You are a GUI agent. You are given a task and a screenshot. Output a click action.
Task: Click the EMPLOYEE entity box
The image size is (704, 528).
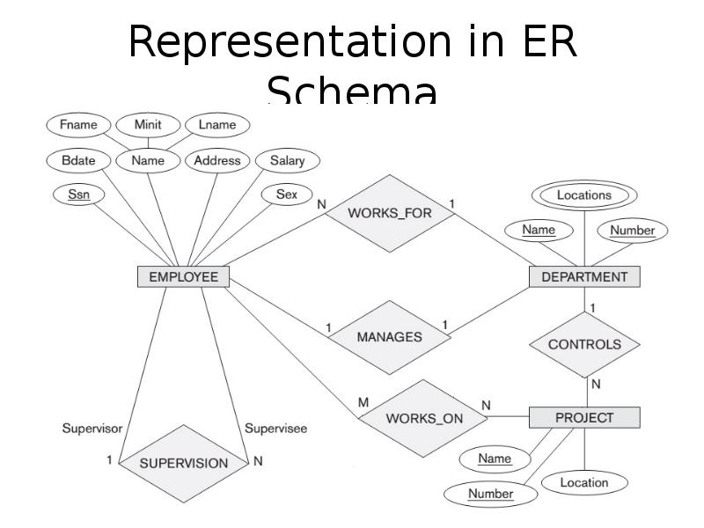pyautogui.click(x=183, y=277)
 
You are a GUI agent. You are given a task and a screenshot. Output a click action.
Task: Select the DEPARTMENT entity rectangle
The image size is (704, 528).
pyautogui.click(x=584, y=277)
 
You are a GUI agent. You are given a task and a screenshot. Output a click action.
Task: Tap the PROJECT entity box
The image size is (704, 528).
pyautogui.click(x=584, y=417)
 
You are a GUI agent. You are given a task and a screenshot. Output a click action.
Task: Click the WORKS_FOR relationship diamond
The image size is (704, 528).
pyautogui.click(x=390, y=213)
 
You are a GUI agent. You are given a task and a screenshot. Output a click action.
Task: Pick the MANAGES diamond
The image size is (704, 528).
pyautogui.click(x=389, y=337)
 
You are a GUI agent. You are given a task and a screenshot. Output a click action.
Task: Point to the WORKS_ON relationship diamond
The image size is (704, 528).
pyautogui.click(x=424, y=418)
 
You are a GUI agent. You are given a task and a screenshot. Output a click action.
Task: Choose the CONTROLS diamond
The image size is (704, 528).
pyautogui.click(x=584, y=344)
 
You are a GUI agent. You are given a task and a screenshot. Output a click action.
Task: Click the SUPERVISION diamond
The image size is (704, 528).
pyautogui.click(x=184, y=463)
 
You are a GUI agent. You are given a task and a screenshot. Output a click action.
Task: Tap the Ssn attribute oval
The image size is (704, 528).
pyautogui.click(x=79, y=194)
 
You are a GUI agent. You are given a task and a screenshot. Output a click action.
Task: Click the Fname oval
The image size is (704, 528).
pyautogui.click(x=78, y=125)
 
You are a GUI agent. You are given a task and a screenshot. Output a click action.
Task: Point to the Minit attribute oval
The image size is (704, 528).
pyautogui.click(x=148, y=125)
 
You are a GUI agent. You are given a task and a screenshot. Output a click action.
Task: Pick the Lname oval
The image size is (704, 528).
pyautogui.click(x=217, y=125)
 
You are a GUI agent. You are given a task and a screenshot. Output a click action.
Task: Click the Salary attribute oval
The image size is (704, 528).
pyautogui.click(x=287, y=161)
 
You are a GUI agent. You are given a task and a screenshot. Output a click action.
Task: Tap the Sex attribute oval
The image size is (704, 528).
pyautogui.click(x=287, y=194)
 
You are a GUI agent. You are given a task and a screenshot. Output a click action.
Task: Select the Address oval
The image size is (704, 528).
pyautogui.click(x=217, y=161)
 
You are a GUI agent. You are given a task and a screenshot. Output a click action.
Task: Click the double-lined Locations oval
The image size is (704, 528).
pyautogui.click(x=584, y=195)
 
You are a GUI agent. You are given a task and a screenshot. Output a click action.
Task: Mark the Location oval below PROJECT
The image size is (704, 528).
pyautogui.click(x=584, y=482)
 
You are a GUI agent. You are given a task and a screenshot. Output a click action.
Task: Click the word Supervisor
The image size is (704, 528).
pyautogui.click(x=92, y=429)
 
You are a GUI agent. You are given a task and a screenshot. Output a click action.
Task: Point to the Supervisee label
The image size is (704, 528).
pyautogui.click(x=275, y=429)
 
